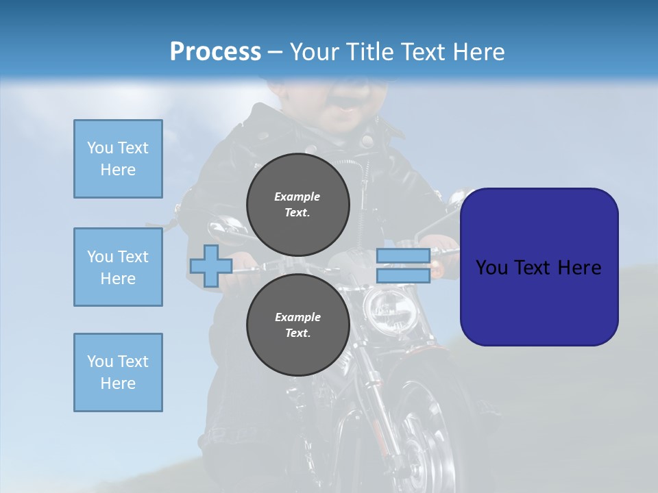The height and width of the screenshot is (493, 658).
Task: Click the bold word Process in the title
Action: pos(215,52)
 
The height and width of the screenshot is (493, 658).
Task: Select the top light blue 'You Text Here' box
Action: pos(118,159)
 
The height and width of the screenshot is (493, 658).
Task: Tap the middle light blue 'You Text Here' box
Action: pos(118,267)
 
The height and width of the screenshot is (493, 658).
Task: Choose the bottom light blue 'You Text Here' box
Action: pos(118,372)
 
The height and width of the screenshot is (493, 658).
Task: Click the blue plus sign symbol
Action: pos(210,266)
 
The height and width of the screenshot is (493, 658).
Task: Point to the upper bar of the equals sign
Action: pos(403,256)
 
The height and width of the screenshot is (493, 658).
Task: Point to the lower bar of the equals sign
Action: pos(403,275)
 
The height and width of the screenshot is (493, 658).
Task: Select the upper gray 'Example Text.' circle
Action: pos(297,204)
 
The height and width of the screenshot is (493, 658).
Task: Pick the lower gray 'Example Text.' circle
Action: pos(297,325)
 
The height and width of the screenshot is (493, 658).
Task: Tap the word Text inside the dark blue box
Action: pos(537,268)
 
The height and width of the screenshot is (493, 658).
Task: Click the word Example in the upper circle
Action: pos(297,197)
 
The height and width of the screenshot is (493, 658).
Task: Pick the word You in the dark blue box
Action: pos(493,268)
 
